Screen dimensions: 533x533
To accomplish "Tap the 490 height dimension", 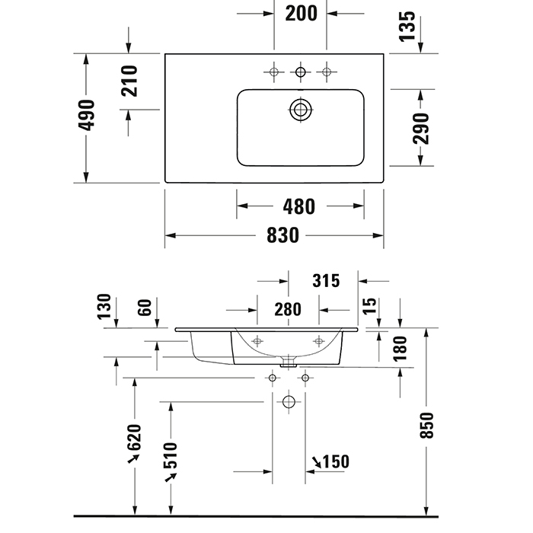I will click(88, 117).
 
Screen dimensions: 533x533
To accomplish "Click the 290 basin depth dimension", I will click(421, 128).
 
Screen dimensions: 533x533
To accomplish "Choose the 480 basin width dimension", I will click(299, 206).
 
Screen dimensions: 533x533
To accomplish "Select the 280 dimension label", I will click(287, 309).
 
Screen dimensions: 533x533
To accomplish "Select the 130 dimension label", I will click(104, 308).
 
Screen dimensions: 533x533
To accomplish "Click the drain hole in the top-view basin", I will click(301, 110).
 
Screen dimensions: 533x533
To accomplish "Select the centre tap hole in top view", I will click(301, 72).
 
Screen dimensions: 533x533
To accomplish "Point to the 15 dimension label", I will click(370, 306).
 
